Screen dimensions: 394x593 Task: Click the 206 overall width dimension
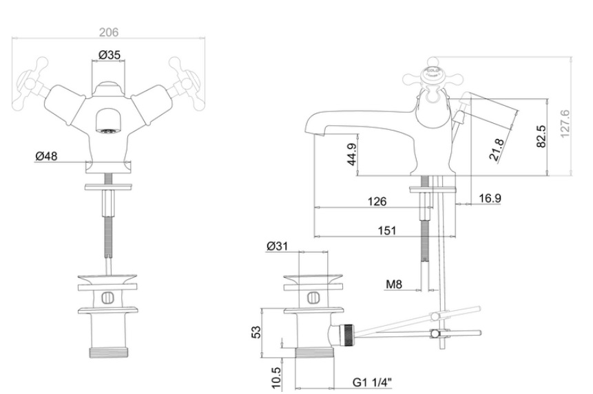click(110, 32)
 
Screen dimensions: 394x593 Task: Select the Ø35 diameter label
click(110, 55)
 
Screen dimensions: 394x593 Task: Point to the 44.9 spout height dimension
click(351, 156)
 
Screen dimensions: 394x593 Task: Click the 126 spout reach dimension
click(377, 202)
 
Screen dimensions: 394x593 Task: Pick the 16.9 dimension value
click(489, 199)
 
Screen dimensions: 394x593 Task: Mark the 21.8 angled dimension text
click(497, 150)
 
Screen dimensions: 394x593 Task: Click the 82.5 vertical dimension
click(541, 135)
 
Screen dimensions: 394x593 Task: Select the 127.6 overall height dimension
click(566, 124)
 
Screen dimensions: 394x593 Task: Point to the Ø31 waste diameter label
click(277, 245)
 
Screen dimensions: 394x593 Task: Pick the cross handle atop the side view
click(433, 73)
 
